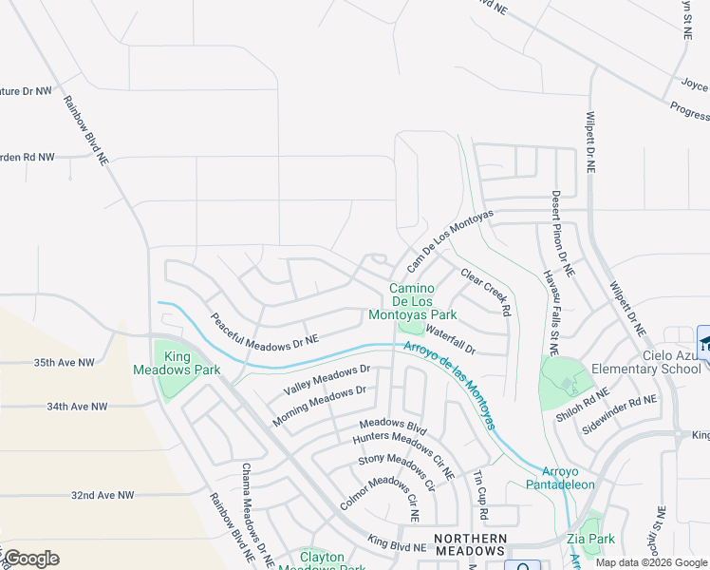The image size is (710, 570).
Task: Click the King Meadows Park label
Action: [177, 363]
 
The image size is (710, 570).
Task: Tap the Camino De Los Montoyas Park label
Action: [422, 301]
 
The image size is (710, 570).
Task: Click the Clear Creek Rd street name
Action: [486, 292]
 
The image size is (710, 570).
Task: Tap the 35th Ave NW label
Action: [64, 363]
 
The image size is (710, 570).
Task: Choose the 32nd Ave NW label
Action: [103, 496]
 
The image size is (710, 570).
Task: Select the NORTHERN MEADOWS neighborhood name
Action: [469, 544]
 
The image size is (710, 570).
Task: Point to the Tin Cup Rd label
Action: [480, 495]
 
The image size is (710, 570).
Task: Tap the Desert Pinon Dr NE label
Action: [562, 234]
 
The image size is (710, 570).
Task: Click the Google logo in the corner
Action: [30, 559]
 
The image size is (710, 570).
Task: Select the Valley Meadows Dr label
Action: [326, 381]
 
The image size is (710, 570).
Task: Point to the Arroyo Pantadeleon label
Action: [560, 478]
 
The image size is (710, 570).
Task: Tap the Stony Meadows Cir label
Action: [396, 473]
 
